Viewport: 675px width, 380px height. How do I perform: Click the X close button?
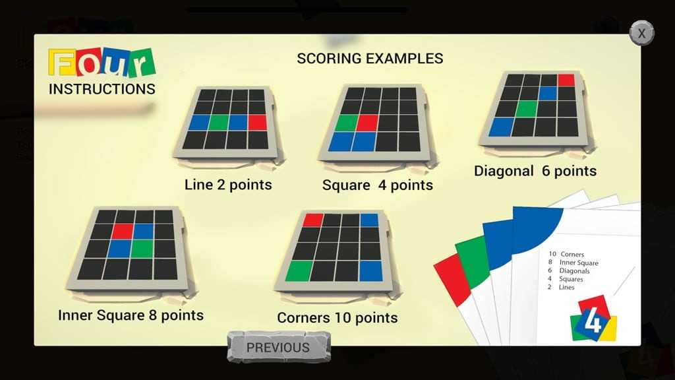pos(641,33)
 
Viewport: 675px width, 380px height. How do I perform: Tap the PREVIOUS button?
pos(279,347)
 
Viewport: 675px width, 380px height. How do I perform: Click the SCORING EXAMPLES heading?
pos(370,58)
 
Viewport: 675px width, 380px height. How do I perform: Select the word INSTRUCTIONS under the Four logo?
pos(102,89)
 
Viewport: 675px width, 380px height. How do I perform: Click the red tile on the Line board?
pos(258,122)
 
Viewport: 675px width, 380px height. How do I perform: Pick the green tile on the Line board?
pos(219,122)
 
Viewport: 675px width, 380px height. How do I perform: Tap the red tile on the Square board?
pos(367,123)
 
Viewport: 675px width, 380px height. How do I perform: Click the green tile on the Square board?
pos(346,123)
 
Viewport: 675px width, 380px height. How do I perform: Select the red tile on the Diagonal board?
pos(566,80)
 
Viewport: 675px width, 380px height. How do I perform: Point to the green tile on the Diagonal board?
pos(527,109)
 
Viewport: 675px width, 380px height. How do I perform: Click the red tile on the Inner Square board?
pos(122,232)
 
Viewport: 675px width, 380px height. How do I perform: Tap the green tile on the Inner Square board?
pos(142,249)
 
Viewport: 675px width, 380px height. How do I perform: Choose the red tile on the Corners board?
pos(313,220)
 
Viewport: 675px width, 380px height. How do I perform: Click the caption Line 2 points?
pos(228,185)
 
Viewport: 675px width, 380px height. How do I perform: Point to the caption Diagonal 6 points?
pos(535,171)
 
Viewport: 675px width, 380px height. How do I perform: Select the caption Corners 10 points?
pos(337,317)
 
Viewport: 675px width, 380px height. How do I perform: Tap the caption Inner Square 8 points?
pos(131,315)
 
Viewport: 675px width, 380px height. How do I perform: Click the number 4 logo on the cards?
pos(593,319)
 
